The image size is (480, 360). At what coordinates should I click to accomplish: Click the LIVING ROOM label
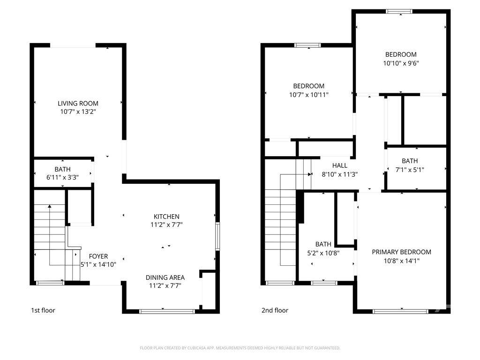[78, 104]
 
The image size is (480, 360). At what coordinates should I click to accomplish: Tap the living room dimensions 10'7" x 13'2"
[78, 112]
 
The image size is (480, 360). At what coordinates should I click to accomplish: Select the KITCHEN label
[166, 217]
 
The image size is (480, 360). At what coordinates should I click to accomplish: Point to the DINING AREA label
[165, 277]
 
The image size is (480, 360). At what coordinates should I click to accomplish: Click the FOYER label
[98, 256]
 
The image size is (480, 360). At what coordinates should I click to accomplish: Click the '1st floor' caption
[43, 310]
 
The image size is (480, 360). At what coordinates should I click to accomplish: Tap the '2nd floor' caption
[275, 310]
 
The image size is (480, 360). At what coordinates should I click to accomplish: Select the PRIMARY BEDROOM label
[402, 252]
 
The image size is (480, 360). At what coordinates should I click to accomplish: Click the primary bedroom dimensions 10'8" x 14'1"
[402, 261]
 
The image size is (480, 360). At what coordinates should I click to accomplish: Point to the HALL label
[340, 165]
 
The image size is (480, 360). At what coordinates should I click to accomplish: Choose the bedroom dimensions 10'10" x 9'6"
[401, 63]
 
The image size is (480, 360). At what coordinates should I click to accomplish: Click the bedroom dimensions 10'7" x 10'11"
[309, 95]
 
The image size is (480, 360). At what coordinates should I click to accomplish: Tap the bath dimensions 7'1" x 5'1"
[410, 170]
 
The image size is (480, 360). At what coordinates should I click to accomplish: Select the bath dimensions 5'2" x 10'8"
[323, 253]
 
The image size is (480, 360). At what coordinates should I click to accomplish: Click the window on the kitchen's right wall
[217, 237]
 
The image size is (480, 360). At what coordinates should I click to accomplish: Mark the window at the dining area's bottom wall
[167, 312]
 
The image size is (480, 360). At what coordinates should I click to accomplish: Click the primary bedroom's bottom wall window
[401, 312]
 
